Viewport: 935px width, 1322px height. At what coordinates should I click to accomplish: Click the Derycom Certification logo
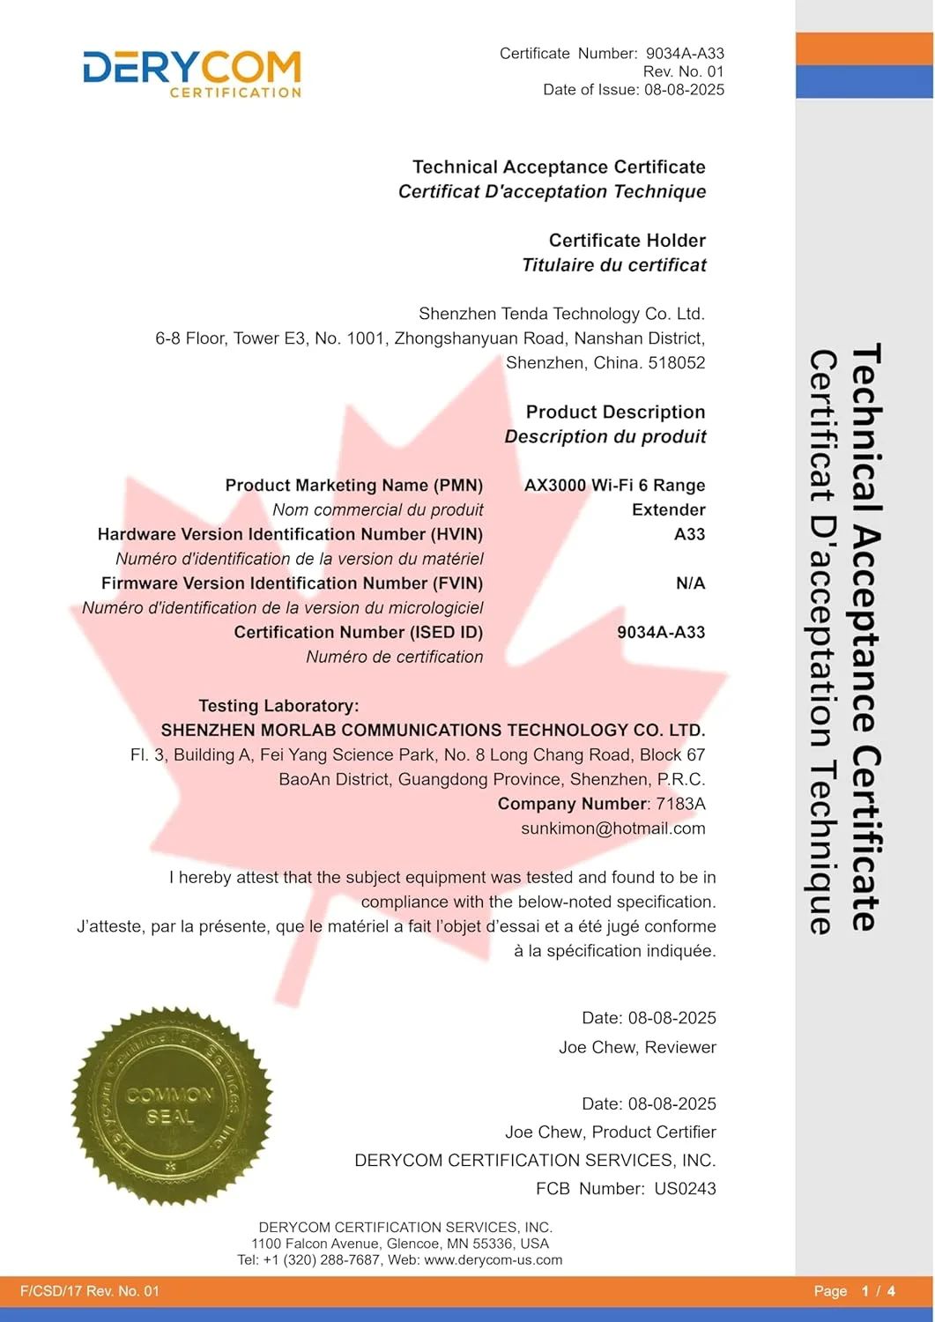click(x=192, y=73)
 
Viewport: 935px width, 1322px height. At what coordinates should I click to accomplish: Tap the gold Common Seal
click(x=171, y=1106)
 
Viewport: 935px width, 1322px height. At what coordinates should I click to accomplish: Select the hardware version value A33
click(x=689, y=534)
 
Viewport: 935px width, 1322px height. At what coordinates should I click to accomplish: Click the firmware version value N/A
click(x=690, y=583)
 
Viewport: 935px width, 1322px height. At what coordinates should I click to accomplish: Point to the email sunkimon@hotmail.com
click(x=612, y=828)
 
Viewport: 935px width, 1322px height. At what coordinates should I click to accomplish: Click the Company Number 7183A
click(x=680, y=804)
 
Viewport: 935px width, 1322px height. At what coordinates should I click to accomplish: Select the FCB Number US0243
click(x=685, y=1189)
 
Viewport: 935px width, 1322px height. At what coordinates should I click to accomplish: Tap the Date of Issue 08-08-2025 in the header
click(x=684, y=90)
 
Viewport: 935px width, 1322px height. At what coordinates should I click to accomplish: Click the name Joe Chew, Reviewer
click(x=637, y=1048)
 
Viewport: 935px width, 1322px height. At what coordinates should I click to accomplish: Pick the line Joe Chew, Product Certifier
click(x=610, y=1133)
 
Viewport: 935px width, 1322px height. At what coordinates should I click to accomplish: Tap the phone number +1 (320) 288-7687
click(x=322, y=1260)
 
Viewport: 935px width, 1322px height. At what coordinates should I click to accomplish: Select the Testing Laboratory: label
click(x=278, y=706)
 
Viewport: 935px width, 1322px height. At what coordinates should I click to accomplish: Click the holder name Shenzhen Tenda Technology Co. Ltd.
click(x=561, y=314)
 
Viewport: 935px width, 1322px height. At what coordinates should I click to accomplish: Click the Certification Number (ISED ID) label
click(x=358, y=633)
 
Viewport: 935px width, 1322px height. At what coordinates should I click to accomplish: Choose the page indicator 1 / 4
click(x=878, y=1291)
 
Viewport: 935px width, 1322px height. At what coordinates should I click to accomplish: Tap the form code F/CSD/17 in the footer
click(x=49, y=1291)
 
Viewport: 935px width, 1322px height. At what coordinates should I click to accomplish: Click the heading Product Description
click(x=615, y=412)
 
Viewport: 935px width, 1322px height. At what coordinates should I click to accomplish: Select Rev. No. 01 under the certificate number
click(x=683, y=71)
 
